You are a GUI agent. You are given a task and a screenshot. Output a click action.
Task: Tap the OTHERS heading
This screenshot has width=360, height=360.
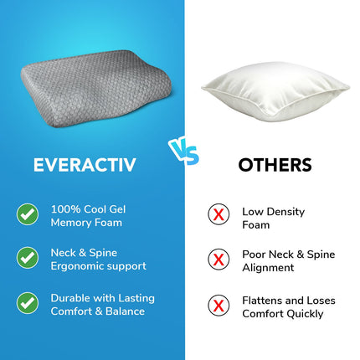pos(275,165)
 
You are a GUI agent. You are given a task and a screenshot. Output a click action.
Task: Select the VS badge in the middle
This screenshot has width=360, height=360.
pos(182,150)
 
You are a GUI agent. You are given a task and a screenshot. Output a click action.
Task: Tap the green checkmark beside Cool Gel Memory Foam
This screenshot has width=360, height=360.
pos(28,214)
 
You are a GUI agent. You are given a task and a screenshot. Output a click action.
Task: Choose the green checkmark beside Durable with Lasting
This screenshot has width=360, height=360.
pos(28,303)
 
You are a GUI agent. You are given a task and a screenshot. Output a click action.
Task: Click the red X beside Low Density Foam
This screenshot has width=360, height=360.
pos(219,214)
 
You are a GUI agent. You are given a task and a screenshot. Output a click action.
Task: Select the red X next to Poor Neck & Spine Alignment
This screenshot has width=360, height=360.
pos(219,260)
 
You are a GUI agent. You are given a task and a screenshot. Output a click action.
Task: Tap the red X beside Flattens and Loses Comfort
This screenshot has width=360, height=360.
pos(219,306)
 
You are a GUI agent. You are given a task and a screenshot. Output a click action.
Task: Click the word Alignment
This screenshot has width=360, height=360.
pos(269,268)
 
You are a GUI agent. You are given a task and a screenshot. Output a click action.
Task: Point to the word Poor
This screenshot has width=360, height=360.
pos(254,254)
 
